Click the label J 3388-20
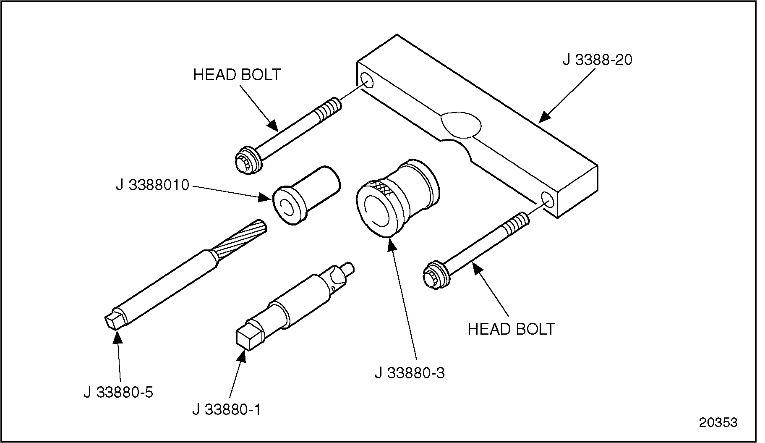pyautogui.click(x=597, y=60)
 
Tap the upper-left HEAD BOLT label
pyautogui.click(x=237, y=75)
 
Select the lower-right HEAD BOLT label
pyautogui.click(x=511, y=329)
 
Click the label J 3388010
pyautogui.click(x=153, y=185)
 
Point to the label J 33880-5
pyautogui.click(x=118, y=392)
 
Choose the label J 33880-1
pyautogui.click(x=227, y=409)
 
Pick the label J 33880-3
pyautogui.click(x=409, y=373)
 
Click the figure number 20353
pyautogui.click(x=718, y=422)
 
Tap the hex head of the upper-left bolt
pyautogui.click(x=243, y=163)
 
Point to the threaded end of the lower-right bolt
pyautogui.click(x=516, y=223)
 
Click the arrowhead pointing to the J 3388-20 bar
pyautogui.click(x=544, y=118)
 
